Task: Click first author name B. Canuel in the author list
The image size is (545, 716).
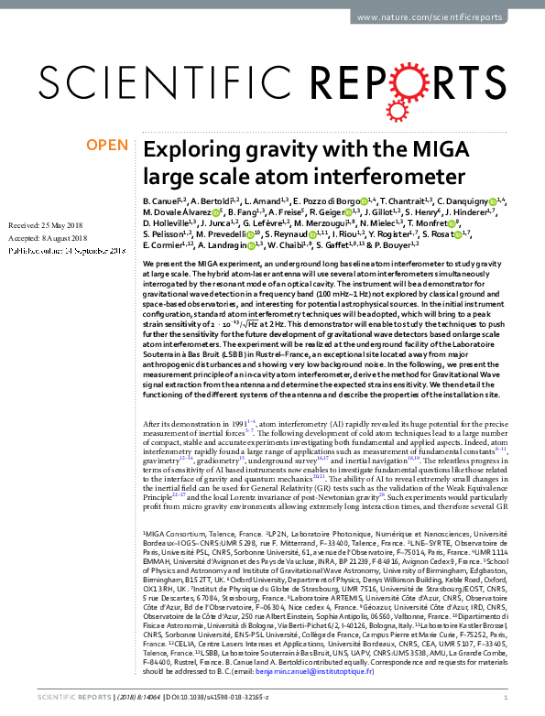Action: pyautogui.click(x=161, y=199)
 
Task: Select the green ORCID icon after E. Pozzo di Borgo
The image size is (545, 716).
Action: pyautogui.click(x=364, y=199)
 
